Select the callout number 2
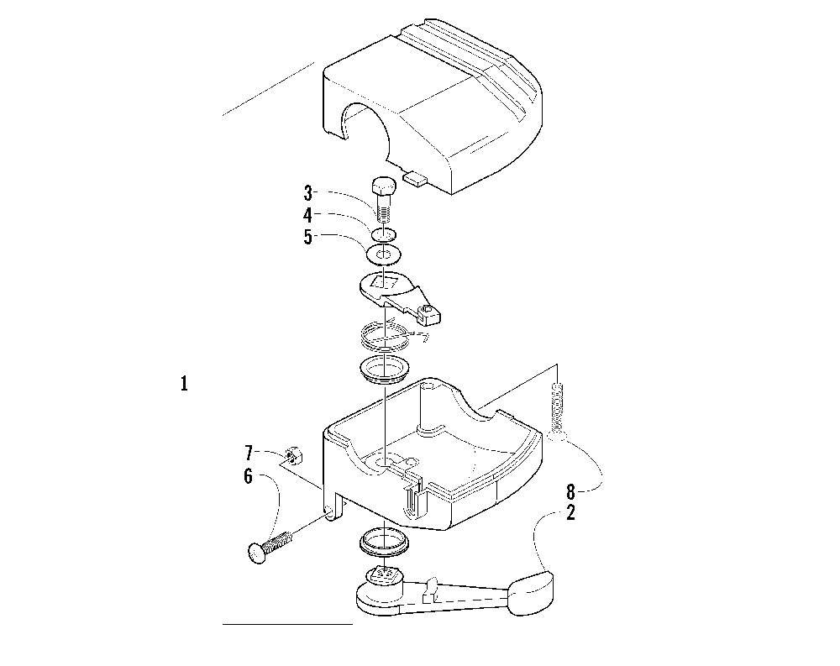(x=571, y=511)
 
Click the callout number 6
(x=248, y=475)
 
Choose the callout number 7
(x=248, y=454)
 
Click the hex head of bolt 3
(x=383, y=185)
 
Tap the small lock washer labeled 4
(x=384, y=233)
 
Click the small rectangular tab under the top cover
(x=416, y=178)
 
